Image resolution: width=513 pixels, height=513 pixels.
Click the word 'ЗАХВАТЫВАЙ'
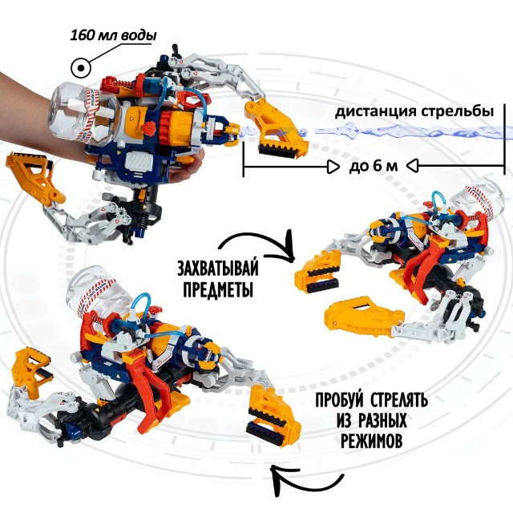coord(224,267)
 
